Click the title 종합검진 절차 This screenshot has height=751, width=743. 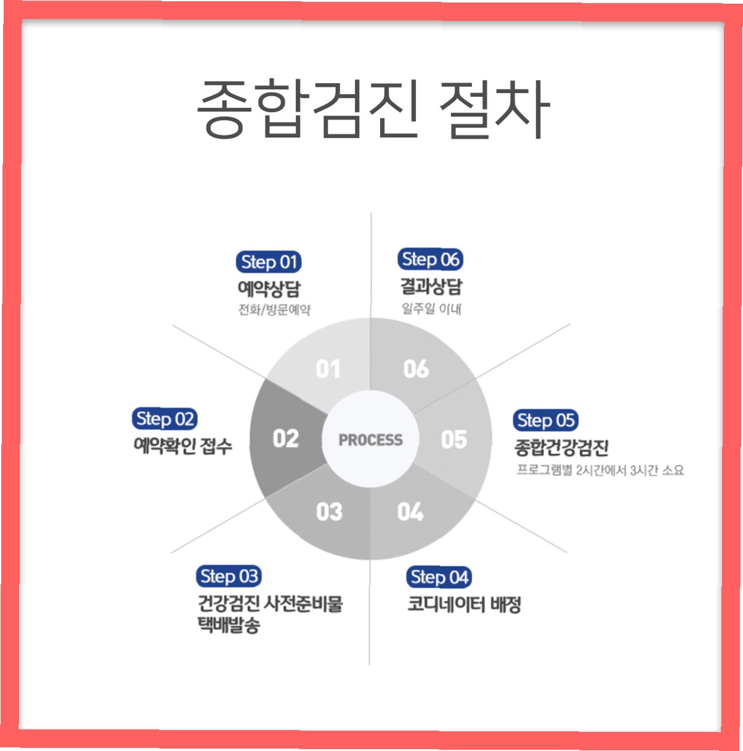(372, 109)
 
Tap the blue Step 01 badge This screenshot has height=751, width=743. (269, 262)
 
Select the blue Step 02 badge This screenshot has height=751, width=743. (164, 419)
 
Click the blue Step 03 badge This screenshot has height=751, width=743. (229, 577)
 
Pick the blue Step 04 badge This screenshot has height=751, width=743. (439, 577)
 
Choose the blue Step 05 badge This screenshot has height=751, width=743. (546, 421)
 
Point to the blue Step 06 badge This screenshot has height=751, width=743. (431, 260)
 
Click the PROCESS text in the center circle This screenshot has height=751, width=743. (370, 440)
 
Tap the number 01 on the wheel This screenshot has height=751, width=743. (328, 369)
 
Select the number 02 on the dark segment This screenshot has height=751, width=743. (285, 439)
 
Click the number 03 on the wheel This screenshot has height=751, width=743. (329, 512)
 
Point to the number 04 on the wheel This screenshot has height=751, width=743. (410, 512)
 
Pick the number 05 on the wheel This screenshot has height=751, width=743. (454, 440)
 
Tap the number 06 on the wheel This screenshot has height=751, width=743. (416, 369)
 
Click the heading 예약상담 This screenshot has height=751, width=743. (269, 289)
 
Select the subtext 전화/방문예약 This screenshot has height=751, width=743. (274, 310)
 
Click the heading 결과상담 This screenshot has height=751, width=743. (431, 287)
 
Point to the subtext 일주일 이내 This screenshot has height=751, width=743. (431, 308)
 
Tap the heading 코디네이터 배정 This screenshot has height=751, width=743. (464, 604)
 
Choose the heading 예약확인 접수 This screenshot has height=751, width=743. (183, 446)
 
